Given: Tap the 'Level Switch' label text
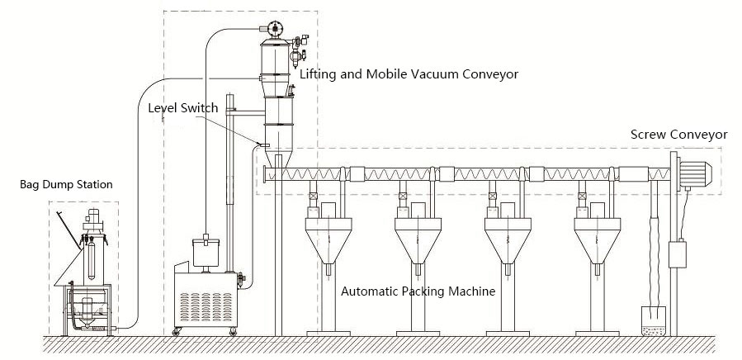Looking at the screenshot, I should tap(182, 107).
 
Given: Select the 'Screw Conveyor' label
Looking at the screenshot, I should tap(678, 134).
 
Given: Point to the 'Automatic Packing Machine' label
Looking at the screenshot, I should tap(418, 291).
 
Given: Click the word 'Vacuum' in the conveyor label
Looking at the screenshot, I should tap(439, 74).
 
